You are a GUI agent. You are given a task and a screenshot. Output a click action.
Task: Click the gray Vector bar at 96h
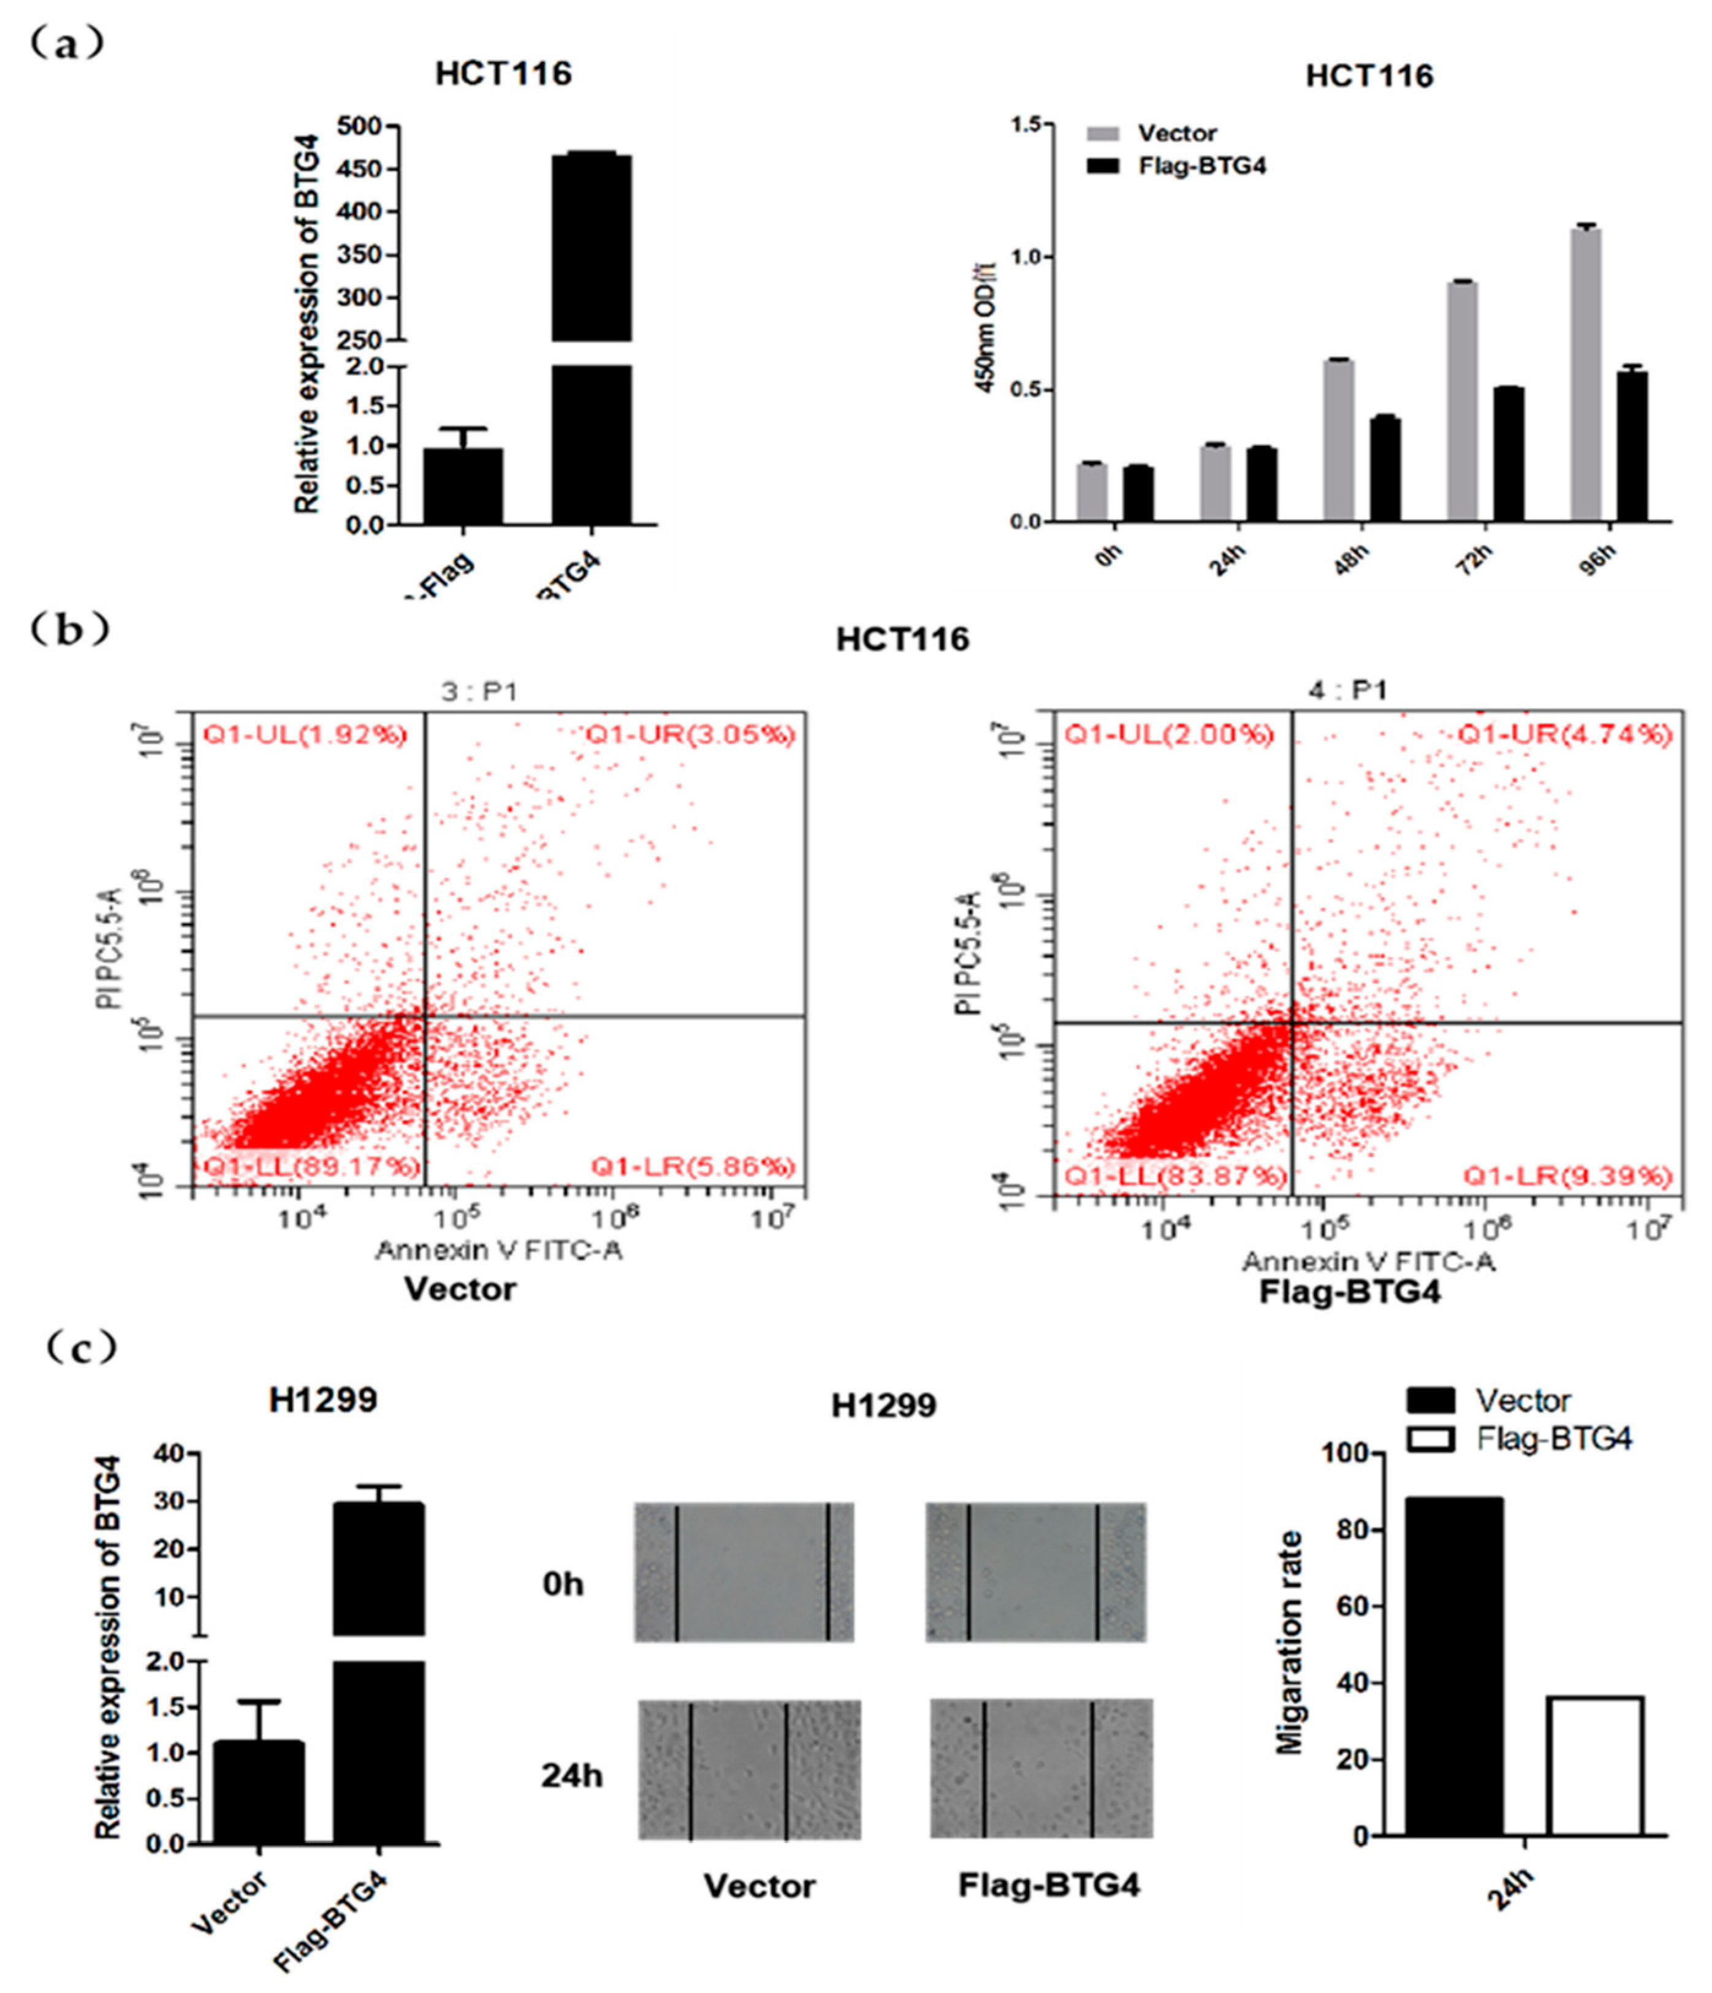point(1585,375)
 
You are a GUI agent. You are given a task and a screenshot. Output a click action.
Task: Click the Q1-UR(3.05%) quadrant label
point(691,735)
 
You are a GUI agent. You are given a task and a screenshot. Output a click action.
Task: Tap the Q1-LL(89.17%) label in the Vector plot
point(311,1166)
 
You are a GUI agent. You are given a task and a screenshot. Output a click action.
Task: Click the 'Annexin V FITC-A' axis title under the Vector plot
point(498,1251)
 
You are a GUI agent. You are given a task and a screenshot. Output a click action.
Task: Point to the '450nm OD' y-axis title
point(986,327)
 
